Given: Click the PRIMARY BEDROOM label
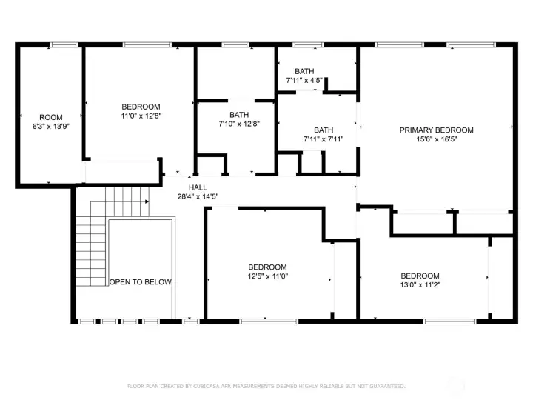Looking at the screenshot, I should [x=436, y=130].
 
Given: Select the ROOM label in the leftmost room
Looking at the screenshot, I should [x=51, y=117].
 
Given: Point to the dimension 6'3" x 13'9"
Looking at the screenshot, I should [x=51, y=126].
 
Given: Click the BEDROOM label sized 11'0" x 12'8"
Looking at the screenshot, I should [x=141, y=107].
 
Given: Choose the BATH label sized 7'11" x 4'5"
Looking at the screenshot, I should [x=304, y=71].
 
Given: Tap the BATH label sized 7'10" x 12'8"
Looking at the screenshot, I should [x=238, y=114].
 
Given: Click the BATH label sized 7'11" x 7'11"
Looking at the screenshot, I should [x=324, y=130].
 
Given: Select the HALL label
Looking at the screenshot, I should [x=198, y=187].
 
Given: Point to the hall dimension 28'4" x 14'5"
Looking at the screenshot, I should [x=198, y=196].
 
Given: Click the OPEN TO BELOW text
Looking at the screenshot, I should [x=141, y=281].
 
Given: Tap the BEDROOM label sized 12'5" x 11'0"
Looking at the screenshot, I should [x=267, y=267].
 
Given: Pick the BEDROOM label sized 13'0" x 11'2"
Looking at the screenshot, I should [x=420, y=276].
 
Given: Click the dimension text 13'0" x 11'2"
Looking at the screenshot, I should [x=420, y=284].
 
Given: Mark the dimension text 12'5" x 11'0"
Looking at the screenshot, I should [x=267, y=276].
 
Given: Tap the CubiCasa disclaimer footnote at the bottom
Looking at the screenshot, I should [x=266, y=386].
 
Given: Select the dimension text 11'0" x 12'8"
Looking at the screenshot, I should [x=141, y=116].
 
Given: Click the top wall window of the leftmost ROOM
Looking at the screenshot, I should [x=64, y=44].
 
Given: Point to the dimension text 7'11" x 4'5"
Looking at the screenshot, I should [x=304, y=80].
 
